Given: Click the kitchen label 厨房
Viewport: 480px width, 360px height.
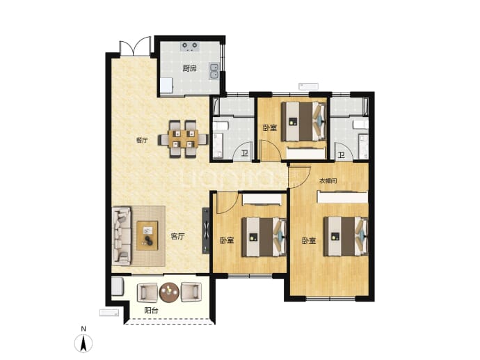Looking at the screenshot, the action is [189, 68].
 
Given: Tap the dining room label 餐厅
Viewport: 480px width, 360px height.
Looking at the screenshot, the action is [142, 141].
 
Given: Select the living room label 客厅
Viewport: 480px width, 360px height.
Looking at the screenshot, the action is [178, 236].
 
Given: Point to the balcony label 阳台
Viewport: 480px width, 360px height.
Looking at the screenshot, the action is [151, 311].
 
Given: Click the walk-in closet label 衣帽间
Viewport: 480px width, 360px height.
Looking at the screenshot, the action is [328, 181].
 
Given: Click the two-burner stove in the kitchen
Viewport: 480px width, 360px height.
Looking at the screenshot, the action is [190, 46].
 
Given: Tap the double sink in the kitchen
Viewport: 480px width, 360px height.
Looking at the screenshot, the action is [214, 71].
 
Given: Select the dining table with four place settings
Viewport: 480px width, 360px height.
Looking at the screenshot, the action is [183, 139].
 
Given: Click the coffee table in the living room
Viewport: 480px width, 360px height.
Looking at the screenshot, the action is [147, 235].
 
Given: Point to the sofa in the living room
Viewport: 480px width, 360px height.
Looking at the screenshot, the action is [122, 235].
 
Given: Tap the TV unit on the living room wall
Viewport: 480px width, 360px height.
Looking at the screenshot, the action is [206, 230].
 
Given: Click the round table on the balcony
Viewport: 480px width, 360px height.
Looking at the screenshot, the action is [169, 292].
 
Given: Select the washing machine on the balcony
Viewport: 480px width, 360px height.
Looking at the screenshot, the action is [118, 286].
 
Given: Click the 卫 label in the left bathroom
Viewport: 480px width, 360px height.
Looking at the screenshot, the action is [245, 153].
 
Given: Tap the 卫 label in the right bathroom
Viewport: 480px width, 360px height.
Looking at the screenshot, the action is [342, 155].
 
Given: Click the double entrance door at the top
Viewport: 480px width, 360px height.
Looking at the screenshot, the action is [135, 48].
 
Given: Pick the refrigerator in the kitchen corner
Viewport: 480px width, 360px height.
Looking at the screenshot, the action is [166, 86].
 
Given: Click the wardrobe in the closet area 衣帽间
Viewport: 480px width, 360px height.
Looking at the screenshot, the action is [342, 197].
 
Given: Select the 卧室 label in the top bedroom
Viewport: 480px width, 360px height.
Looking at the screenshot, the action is [270, 127].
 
